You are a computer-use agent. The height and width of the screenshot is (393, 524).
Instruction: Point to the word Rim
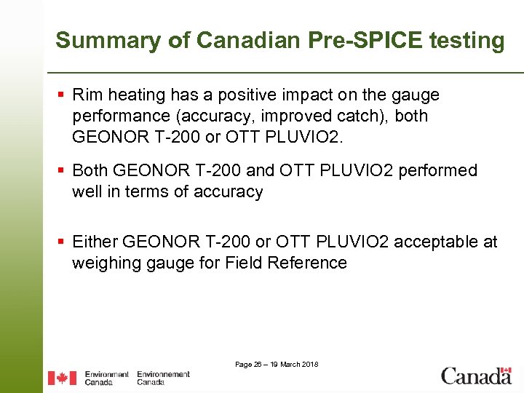(88, 95)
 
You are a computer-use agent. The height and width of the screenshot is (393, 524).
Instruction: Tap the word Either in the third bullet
(95, 242)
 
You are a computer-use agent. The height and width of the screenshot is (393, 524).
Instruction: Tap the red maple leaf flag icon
(62, 378)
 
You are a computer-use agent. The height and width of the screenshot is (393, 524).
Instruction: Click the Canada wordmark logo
(476, 376)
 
